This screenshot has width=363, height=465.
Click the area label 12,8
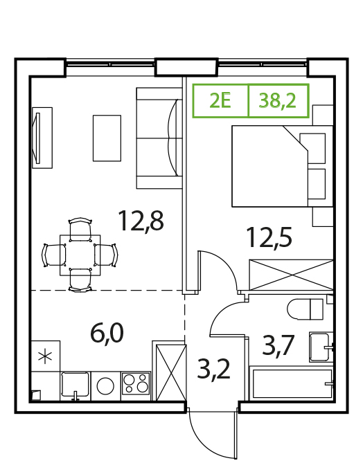(141, 221)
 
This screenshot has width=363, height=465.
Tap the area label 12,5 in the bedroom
(269, 237)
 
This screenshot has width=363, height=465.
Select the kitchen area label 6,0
(107, 334)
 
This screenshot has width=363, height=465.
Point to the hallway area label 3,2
(213, 370)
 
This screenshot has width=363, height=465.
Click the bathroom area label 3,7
(278, 345)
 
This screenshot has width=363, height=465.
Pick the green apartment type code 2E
(220, 101)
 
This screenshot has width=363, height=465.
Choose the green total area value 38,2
(278, 101)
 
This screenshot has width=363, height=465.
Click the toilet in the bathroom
(305, 309)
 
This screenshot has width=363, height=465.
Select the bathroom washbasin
(321, 347)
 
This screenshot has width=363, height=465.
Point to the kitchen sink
(75, 385)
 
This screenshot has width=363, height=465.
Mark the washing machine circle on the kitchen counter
(105, 385)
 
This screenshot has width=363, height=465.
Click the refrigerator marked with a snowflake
(46, 356)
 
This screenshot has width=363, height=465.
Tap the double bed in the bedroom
(282, 166)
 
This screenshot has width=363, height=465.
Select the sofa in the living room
(159, 138)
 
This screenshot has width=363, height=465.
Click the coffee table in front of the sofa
(107, 138)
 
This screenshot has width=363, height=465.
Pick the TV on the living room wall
(38, 138)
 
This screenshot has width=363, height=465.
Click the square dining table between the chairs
(80, 255)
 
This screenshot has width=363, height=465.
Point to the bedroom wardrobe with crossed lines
(292, 275)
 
